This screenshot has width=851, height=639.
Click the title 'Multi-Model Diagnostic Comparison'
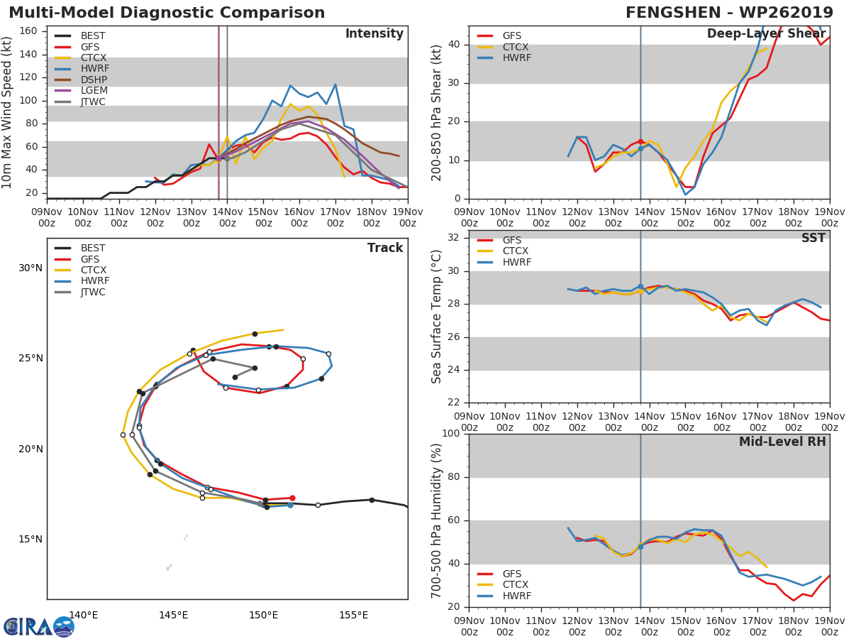tap(167, 13)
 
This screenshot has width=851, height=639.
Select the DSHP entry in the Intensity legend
tap(93, 80)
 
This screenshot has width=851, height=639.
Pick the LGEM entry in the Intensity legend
tap(93, 91)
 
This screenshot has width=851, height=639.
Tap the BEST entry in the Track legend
tap(93, 248)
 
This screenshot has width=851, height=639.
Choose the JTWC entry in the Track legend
tap(93, 292)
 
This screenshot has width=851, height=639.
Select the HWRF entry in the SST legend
tap(516, 262)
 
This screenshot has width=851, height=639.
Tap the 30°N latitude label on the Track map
tap(30, 268)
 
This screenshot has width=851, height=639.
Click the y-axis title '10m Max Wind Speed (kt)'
tap(8, 112)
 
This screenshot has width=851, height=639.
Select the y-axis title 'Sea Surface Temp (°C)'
tap(437, 316)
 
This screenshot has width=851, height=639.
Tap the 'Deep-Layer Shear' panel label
tap(766, 34)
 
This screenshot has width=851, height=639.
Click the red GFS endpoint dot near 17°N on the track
tap(292, 498)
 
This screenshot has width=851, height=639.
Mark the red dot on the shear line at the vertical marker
tap(640, 142)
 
